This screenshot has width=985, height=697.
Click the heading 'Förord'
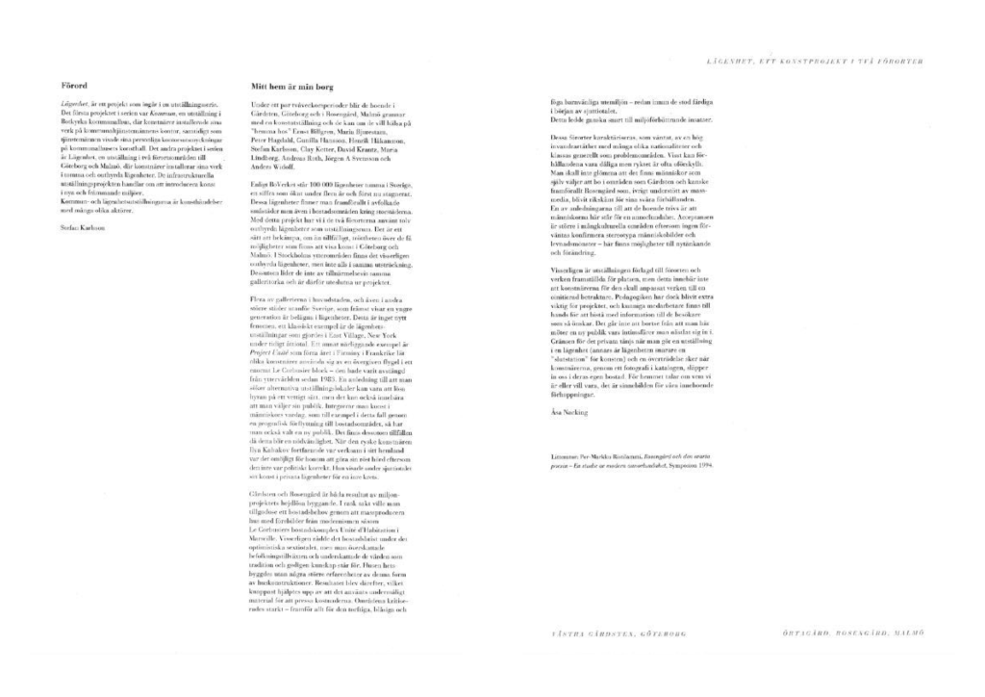(74, 85)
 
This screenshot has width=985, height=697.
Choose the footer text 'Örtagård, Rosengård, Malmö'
(853, 633)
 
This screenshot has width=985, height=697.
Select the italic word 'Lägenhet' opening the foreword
(75, 102)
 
